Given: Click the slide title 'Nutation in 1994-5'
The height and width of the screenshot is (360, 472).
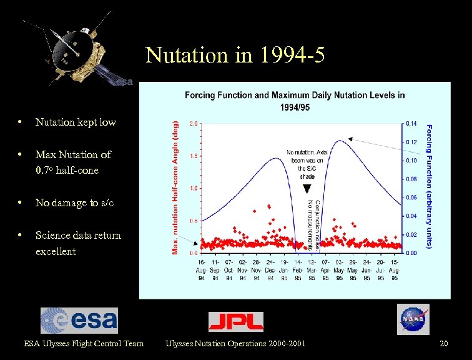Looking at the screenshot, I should [x=235, y=56].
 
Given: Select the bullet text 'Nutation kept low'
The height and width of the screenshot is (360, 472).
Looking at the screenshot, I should [x=76, y=122].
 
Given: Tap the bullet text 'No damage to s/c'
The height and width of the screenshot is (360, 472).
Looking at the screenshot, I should [x=74, y=202].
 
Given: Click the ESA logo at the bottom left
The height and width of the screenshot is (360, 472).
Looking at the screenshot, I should [x=79, y=320].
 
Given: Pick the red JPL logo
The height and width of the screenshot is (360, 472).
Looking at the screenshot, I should [x=235, y=321].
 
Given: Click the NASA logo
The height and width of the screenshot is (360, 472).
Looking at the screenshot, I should [x=413, y=319].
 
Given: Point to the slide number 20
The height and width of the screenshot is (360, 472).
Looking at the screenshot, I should [x=443, y=343].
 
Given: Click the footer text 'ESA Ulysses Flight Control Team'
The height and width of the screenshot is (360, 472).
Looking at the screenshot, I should [x=83, y=343].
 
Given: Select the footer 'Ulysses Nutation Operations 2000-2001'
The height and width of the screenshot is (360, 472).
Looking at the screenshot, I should [x=235, y=343].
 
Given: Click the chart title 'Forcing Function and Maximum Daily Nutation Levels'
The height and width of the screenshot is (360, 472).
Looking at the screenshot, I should [x=294, y=100].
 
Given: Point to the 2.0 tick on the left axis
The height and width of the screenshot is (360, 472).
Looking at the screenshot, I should [x=194, y=123].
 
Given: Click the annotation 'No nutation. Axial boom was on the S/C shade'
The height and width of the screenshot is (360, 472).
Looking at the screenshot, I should [x=306, y=164].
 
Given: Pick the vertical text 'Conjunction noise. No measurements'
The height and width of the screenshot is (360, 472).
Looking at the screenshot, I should [x=314, y=225].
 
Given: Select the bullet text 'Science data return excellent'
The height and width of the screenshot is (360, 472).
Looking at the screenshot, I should [x=78, y=243].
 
